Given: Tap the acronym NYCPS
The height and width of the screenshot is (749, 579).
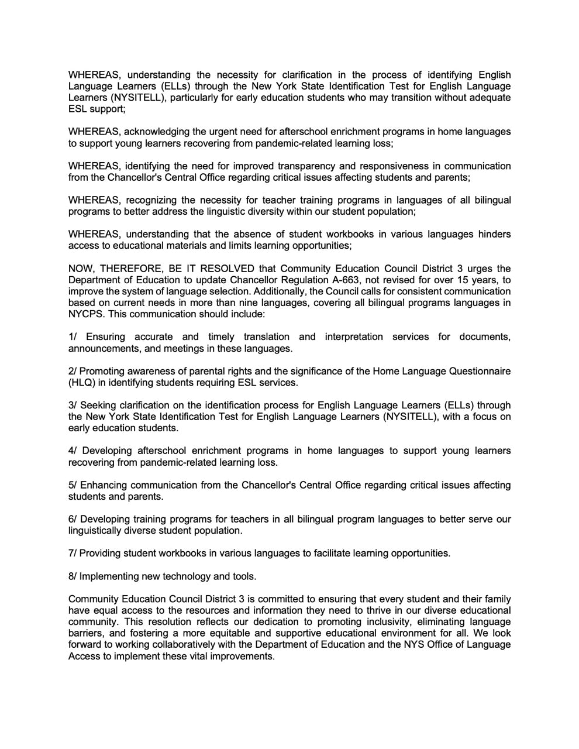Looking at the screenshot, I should click(85, 314).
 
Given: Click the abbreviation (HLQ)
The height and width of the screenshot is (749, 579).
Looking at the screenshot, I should click(82, 383).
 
